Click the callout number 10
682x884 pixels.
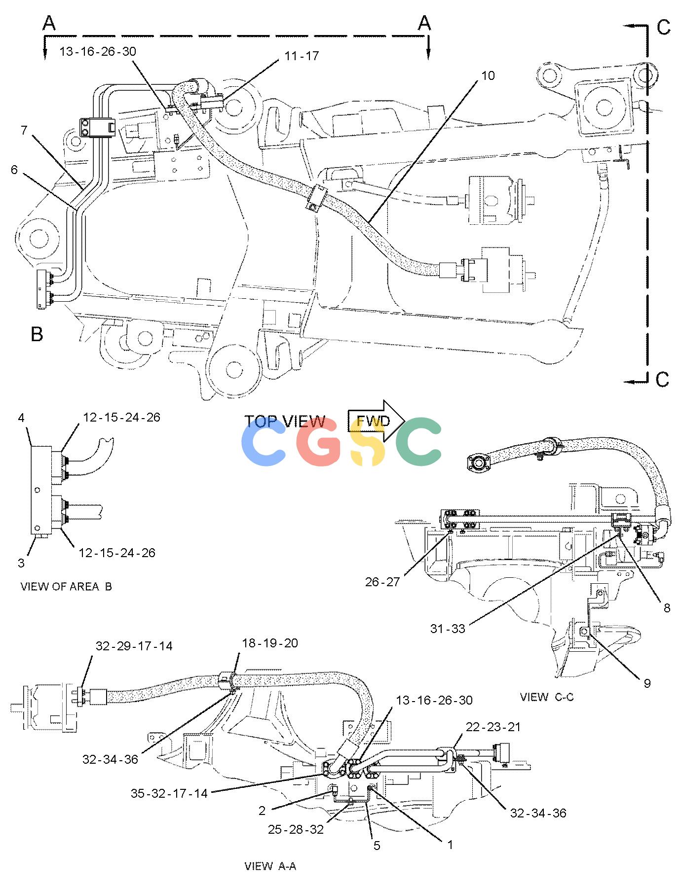tap(488, 75)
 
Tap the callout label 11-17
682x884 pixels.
tap(302, 56)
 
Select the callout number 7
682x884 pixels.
tap(24, 130)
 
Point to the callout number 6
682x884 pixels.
tap(14, 170)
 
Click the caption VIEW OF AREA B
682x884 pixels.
tap(66, 586)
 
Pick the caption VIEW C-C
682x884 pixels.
tap(547, 697)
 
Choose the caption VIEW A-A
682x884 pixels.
tap(270, 866)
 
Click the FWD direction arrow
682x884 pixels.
tap(377, 421)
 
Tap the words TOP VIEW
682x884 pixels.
tap(285, 422)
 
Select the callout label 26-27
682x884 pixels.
tap(382, 582)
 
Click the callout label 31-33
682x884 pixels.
tap(448, 629)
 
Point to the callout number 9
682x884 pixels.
tap(647, 683)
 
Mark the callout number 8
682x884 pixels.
tap(667, 608)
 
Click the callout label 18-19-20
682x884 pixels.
tap(270, 643)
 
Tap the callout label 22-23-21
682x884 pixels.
tap(493, 727)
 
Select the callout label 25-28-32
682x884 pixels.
tap(296, 830)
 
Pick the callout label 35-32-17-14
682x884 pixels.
tap(169, 793)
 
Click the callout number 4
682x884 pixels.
tap(21, 418)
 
